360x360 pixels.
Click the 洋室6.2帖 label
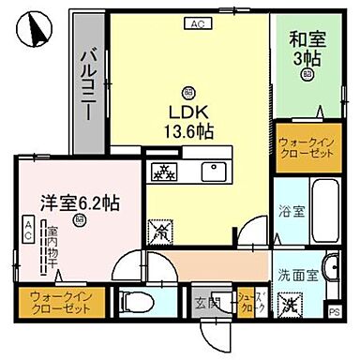(78, 201)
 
